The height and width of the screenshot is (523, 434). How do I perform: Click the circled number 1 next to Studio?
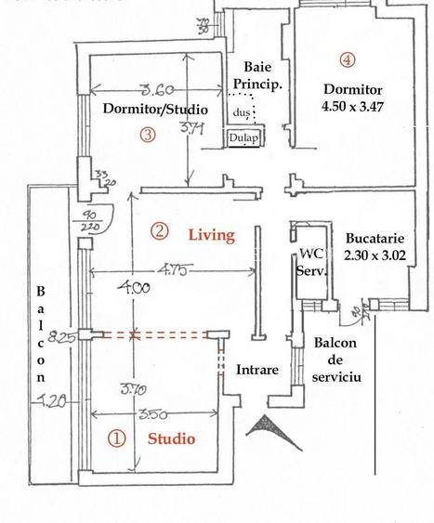[x=116, y=438]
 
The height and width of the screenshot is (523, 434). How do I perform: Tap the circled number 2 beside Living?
[x=160, y=231]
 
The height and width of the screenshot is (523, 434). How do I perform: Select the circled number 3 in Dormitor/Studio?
[x=147, y=134]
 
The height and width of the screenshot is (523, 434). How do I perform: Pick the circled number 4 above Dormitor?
[x=347, y=60]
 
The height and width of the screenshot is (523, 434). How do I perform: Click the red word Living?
[x=211, y=235]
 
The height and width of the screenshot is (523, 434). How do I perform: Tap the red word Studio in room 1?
[x=172, y=438]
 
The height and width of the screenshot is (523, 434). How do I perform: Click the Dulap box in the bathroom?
[x=243, y=138]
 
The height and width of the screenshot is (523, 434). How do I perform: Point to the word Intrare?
[x=256, y=370]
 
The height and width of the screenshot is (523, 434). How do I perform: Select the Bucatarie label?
[x=376, y=237]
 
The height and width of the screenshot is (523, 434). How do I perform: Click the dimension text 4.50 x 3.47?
[x=353, y=107]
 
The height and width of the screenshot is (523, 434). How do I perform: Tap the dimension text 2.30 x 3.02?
[x=375, y=255]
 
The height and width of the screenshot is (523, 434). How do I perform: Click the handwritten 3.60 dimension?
[x=157, y=91]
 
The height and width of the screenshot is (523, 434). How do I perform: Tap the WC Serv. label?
[x=309, y=263]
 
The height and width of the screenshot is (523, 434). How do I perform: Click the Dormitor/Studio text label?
[x=155, y=110]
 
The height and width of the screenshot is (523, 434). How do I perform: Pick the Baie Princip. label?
[x=256, y=75]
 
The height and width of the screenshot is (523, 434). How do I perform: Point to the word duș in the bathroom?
[x=242, y=111]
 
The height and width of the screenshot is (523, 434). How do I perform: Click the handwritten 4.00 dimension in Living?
[x=134, y=289]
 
